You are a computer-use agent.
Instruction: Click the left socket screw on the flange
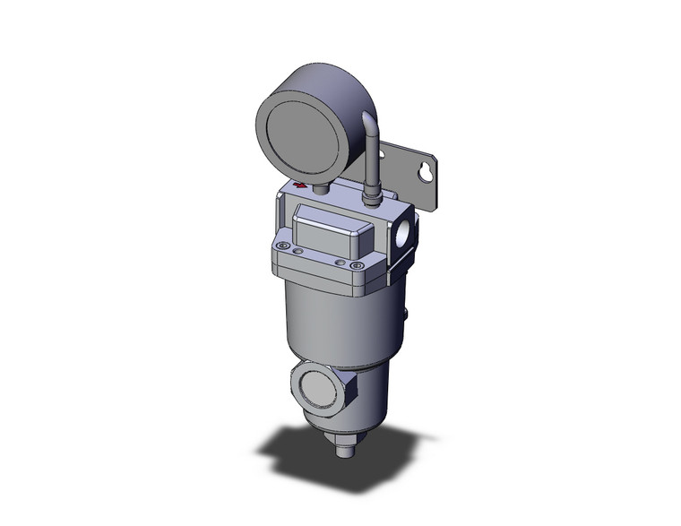coord(284,248)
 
